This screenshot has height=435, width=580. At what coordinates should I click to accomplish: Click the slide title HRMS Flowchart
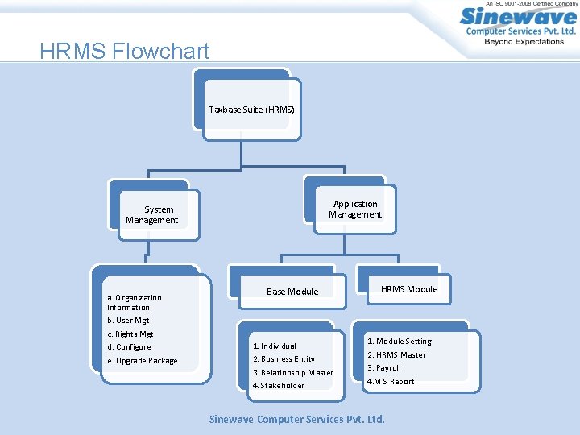125,52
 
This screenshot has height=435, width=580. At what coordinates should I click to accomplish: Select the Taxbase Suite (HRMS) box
252,110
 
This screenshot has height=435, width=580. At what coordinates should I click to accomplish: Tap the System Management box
151,215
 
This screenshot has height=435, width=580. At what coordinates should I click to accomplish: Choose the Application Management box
355,209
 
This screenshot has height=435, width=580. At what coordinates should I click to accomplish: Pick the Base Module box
292,292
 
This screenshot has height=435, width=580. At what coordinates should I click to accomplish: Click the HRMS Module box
409,289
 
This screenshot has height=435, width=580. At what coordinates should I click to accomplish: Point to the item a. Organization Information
134,302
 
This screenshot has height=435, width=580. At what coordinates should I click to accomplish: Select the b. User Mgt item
128,321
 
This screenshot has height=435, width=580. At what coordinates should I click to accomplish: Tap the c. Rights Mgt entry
130,334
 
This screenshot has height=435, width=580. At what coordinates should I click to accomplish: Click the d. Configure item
129,347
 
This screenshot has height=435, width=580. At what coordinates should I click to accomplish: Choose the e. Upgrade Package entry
142,361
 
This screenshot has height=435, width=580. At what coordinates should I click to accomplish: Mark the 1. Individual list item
275,346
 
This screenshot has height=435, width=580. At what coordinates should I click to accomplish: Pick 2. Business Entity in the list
284,359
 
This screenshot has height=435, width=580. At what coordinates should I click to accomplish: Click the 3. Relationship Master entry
292,373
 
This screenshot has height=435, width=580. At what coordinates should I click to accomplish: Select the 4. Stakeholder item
279,386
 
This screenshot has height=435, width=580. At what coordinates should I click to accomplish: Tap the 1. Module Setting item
400,342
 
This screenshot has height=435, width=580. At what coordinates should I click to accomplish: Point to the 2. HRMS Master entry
397,355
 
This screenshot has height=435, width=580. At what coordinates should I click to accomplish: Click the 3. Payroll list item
384,368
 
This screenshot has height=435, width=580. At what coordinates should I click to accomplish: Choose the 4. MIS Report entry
391,382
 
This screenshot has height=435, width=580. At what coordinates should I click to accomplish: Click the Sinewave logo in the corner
517,25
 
